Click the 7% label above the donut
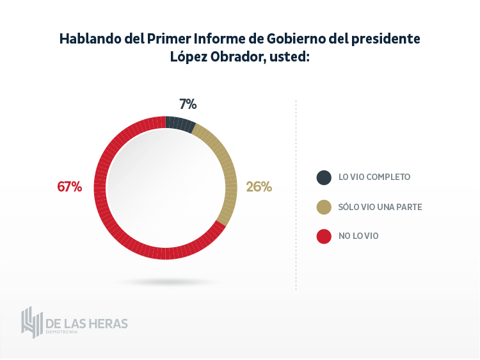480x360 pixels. pos(188,104)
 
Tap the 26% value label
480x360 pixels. pos(259,187)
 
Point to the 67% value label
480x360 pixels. pos(70,187)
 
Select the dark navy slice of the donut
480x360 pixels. pos(180,123)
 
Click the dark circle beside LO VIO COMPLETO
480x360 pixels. pos(324,177)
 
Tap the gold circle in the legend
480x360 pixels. pos(324,207)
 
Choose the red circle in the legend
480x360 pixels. pos(324,236)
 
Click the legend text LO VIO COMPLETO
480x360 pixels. pos(374,177)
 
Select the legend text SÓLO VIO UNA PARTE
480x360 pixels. pos(380,207)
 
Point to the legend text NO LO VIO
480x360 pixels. pos(358,236)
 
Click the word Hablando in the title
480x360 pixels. pos(89,38)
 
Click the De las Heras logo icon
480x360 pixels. pos(31,322)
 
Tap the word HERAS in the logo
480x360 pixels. pos(107,323)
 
